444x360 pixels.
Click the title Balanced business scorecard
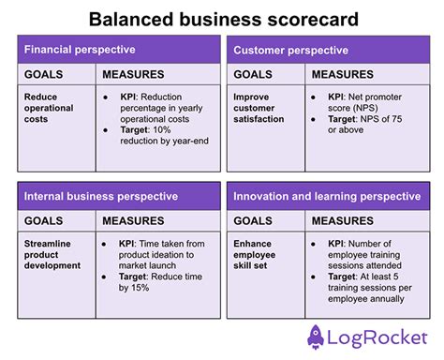click(221, 19)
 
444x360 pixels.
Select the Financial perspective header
click(80, 50)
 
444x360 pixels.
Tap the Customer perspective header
click(285, 50)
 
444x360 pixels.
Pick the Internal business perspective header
click(100, 196)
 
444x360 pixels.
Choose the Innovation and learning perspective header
click(326, 196)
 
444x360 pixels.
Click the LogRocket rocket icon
click(318, 336)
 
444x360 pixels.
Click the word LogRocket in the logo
click(378, 337)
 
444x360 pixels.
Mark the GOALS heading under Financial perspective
click(44, 74)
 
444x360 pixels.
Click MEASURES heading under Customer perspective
click(342, 74)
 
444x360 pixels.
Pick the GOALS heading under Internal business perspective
click(44, 221)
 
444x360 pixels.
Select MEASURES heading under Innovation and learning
click(342, 221)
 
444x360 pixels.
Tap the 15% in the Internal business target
click(139, 288)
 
